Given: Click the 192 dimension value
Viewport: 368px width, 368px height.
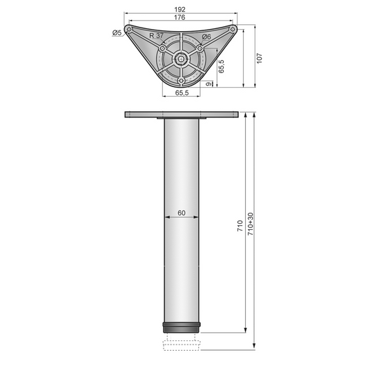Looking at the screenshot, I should click(x=180, y=10).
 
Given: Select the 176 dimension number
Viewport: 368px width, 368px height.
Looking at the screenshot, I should click(x=180, y=19).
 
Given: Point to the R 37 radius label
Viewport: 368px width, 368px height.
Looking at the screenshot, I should click(x=156, y=35).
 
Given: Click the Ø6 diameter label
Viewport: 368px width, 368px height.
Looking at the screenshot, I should click(x=206, y=37).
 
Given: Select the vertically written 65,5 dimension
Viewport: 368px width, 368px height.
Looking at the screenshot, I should click(x=221, y=66).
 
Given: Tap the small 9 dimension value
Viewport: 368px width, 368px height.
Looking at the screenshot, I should click(x=209, y=84).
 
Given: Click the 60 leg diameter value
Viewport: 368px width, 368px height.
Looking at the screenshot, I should click(x=181, y=213).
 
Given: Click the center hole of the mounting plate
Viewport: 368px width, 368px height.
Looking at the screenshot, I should click(x=181, y=59).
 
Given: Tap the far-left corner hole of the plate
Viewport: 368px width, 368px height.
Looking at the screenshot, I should click(x=130, y=30).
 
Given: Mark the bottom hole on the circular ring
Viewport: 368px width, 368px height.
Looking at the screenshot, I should click(x=181, y=81).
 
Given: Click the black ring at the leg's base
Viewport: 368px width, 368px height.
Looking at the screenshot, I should click(x=181, y=326).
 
